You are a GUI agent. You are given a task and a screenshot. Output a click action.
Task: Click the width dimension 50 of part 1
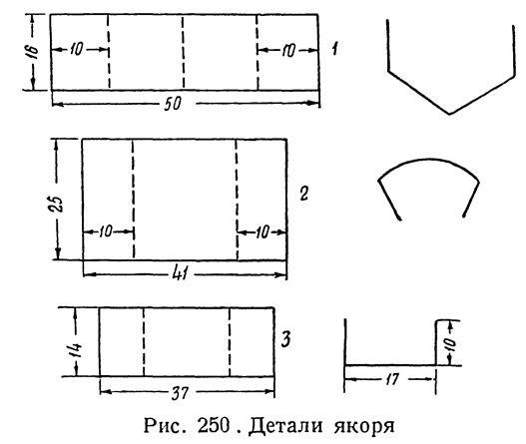point(173,104)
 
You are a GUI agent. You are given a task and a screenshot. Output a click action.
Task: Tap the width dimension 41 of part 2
point(180,274)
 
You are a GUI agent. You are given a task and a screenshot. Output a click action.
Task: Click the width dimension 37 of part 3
point(181,392)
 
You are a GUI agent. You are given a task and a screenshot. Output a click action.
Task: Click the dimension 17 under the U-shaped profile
point(391,379)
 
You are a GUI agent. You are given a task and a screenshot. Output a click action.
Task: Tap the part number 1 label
point(334,49)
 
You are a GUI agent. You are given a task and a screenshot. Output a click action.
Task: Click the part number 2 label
point(304,194)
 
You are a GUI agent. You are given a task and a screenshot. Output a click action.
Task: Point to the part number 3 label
point(285,339)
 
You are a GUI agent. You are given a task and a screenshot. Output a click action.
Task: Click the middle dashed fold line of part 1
point(184,52)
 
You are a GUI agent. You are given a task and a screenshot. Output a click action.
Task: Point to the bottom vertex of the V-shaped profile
point(450,114)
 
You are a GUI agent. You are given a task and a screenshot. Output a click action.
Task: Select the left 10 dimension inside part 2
point(105,231)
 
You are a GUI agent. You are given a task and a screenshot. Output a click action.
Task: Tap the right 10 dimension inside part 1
point(288,51)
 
